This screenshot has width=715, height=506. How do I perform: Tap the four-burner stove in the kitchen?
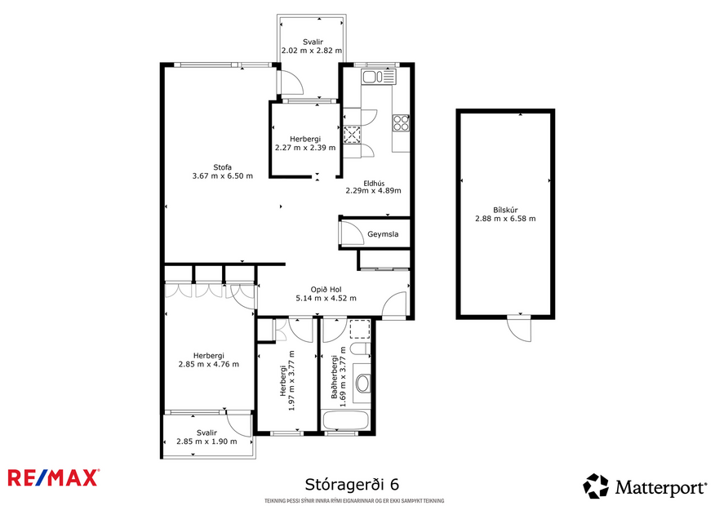pos(401,122)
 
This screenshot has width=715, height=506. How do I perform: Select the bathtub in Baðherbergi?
pos(346,422)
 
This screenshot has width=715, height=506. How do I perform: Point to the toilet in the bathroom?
pos(357,351)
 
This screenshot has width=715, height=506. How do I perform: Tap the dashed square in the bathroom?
pos(359,330)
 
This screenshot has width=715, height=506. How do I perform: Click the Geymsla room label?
pos(383,234)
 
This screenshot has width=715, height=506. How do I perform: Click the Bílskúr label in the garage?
pos(505,208)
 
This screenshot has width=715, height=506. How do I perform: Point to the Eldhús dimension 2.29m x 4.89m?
pos(376,191)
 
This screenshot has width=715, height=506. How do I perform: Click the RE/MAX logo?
pos(53,477)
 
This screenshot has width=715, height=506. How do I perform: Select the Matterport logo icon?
pos(596,486)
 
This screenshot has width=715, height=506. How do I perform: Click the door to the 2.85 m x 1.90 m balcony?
pos(239,424)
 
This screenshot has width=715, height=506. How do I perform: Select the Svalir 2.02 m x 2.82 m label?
pos(311,45)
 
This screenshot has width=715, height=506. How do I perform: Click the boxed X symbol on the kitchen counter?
pos(353,135)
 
